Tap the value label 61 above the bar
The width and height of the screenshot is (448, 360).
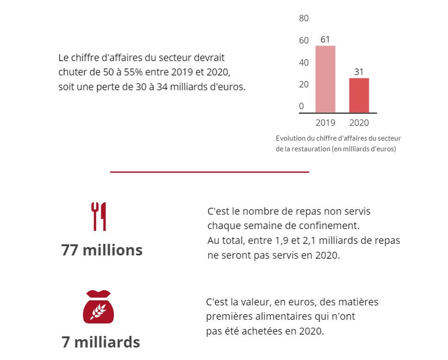coord(325,40)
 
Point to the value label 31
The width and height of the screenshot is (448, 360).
coord(359,72)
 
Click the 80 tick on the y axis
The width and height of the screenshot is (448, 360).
coord(304,19)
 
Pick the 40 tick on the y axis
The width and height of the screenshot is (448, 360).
coord(304,62)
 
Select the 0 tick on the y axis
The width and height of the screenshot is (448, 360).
coord(301,106)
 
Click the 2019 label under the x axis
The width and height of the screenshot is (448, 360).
coord(325,123)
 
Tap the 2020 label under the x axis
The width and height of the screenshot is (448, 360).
coord(359,123)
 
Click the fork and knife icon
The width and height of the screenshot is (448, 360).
coord(99,216)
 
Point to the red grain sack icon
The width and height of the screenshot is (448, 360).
coord(98,306)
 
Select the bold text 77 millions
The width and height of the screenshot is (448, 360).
coord(102,250)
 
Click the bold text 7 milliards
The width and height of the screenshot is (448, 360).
coord(101,342)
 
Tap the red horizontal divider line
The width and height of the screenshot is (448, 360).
coord(209,172)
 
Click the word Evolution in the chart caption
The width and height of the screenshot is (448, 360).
coord(290,138)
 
